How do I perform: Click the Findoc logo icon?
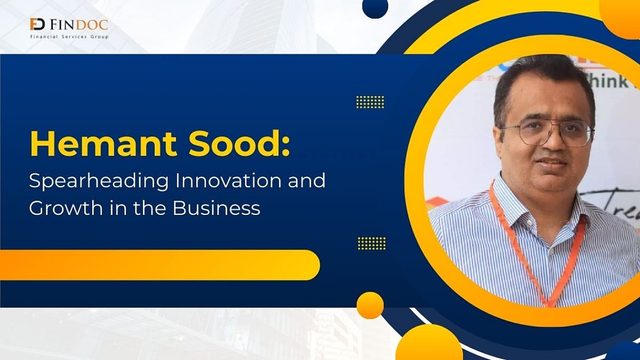pos(37,25)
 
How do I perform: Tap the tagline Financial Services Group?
pos(69,37)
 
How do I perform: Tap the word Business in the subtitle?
pos(216,207)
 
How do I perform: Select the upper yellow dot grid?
pos(370,101)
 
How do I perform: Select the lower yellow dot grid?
pos(371,243)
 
